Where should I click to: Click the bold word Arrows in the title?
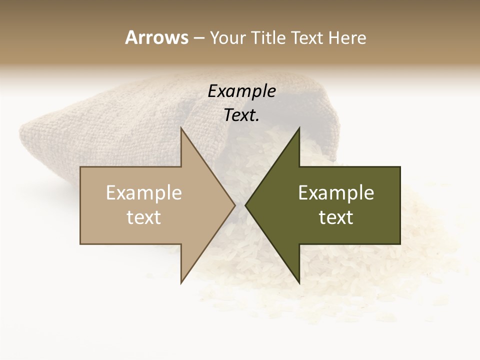[x=156, y=37]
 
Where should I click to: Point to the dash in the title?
[x=198, y=38]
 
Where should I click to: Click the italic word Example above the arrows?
[x=241, y=91]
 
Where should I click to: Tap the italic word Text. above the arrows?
[x=241, y=115]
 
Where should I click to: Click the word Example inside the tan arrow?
[x=144, y=192]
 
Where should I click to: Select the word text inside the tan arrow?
[x=144, y=217]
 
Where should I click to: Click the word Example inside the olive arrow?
[x=336, y=192]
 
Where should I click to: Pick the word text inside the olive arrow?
[x=336, y=217]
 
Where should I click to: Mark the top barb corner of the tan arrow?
[x=181, y=128]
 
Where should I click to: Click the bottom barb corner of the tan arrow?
[x=181, y=282]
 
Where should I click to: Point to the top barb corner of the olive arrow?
[x=299, y=128]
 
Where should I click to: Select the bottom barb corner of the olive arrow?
[x=299, y=282]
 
